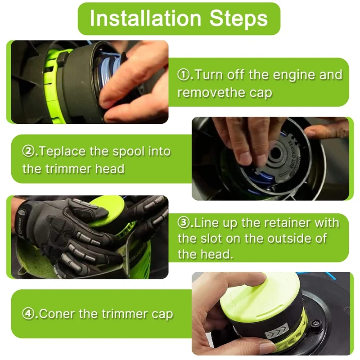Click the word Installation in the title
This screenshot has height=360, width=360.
click(x=145, y=18)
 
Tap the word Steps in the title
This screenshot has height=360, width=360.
click(x=238, y=19)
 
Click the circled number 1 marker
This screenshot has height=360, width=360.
click(x=184, y=75)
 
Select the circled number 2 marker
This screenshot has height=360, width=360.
click(x=28, y=151)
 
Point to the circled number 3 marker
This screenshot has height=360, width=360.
click(x=184, y=223)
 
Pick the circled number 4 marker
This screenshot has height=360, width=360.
click(x=28, y=313)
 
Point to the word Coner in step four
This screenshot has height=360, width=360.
click(x=57, y=314)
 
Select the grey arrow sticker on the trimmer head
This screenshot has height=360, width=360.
click(x=277, y=330)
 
